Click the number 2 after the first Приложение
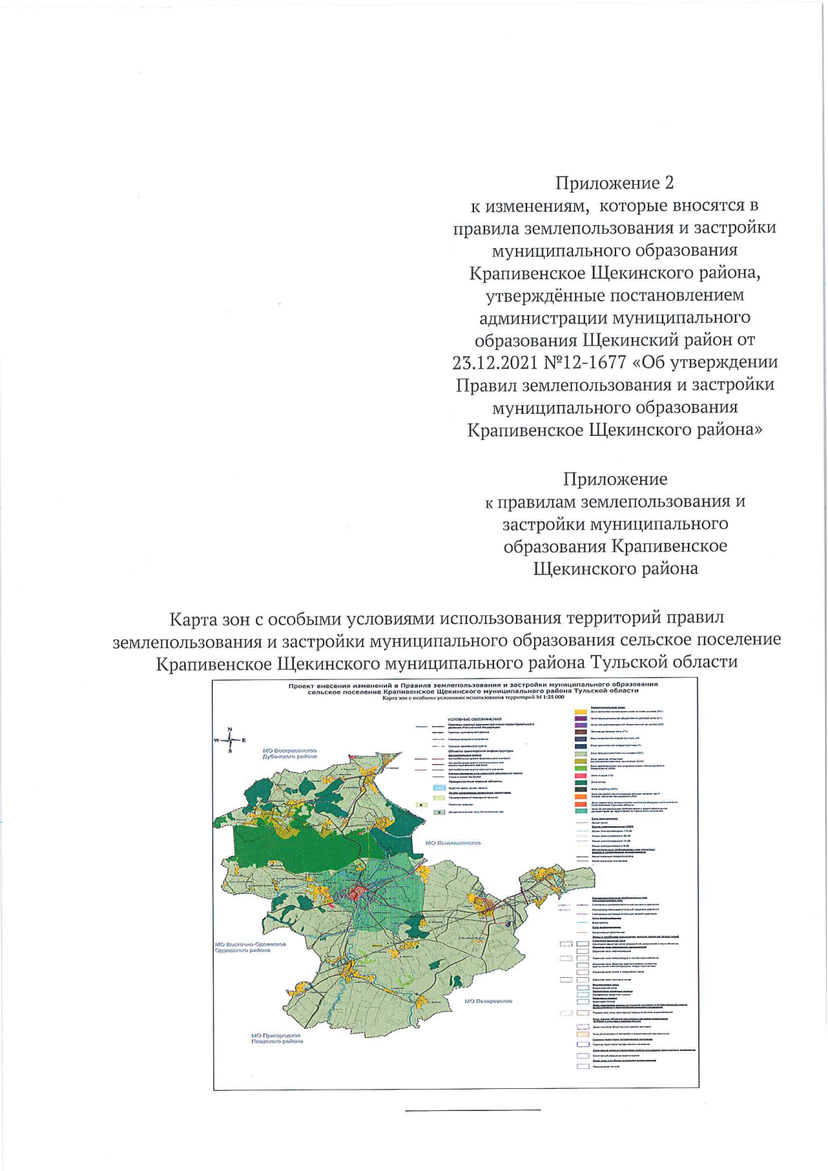(x=667, y=183)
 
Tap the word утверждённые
(x=534, y=295)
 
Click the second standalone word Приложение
(x=615, y=479)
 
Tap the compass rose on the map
(x=230, y=740)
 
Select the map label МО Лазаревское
(x=489, y=1001)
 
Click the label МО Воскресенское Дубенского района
(x=290, y=753)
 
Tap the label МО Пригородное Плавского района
(x=276, y=1039)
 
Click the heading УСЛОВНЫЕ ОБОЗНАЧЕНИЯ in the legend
(x=474, y=719)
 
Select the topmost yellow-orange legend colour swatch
(x=581, y=711)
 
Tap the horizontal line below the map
(x=473, y=1110)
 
